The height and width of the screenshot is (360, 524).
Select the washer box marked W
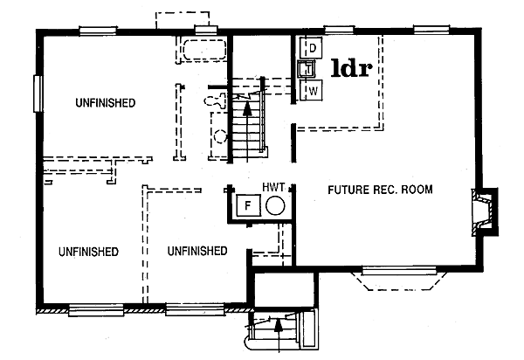point(311,89)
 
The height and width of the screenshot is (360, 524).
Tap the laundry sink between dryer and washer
point(307,68)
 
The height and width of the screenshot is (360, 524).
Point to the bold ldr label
point(354,67)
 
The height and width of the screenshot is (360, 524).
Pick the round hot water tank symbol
point(274,206)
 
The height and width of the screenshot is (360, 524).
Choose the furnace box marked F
point(246,207)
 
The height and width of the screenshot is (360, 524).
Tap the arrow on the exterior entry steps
point(277,327)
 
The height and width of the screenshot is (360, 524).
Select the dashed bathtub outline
point(201,49)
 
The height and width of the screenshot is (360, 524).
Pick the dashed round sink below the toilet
point(219,136)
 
